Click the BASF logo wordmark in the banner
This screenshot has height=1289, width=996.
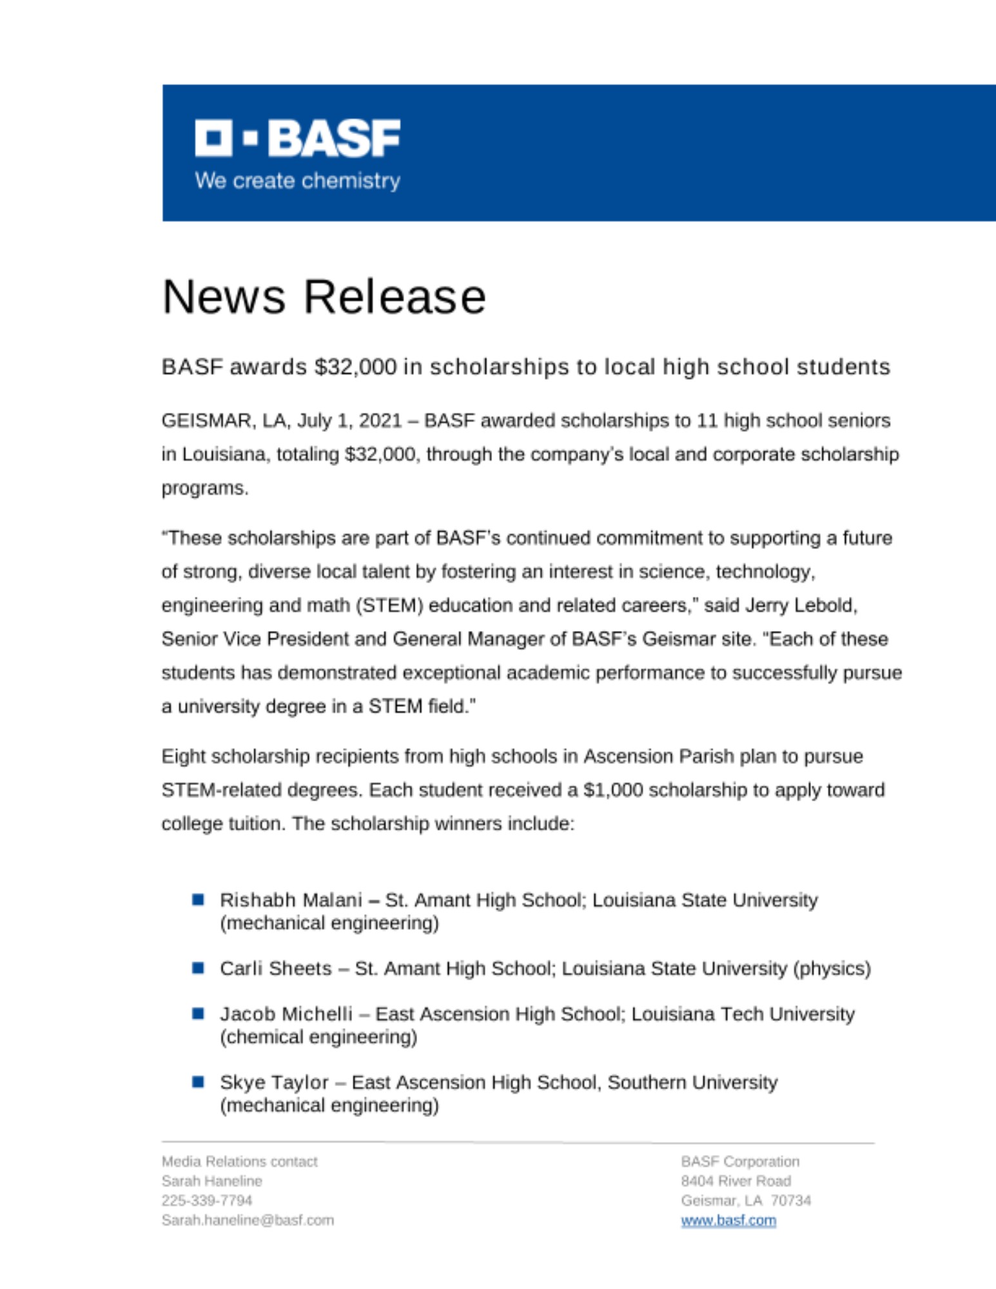coord(297,138)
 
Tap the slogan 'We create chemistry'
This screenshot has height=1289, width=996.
coord(297,181)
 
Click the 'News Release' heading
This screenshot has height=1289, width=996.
coord(324,297)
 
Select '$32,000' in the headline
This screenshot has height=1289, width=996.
coord(355,367)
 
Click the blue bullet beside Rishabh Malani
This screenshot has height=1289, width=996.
coord(199,900)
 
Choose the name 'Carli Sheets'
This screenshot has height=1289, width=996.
coord(275,969)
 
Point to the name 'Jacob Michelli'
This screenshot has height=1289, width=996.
coord(286,1014)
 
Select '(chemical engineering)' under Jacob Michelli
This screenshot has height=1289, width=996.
coord(318,1037)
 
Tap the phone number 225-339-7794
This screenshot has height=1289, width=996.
coord(207,1201)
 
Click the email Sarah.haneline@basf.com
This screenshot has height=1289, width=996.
coord(248,1221)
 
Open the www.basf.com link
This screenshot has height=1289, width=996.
coord(728,1221)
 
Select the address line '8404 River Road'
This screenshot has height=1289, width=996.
coord(736,1181)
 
